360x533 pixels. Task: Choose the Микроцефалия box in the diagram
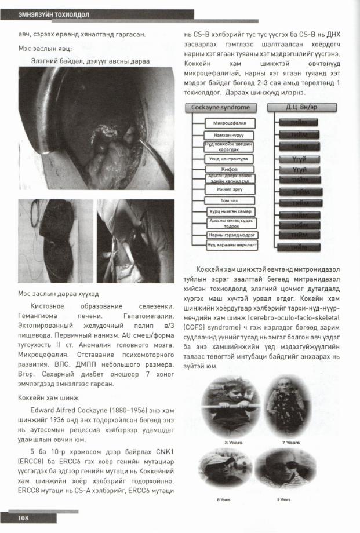click(230, 123)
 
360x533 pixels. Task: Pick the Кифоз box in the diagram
click(230, 168)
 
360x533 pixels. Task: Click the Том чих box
click(230, 200)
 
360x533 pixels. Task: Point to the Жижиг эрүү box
click(230, 189)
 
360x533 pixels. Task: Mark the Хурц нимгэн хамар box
click(230, 212)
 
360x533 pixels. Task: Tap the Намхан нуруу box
click(230, 134)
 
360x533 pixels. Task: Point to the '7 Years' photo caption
click(290, 442)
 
